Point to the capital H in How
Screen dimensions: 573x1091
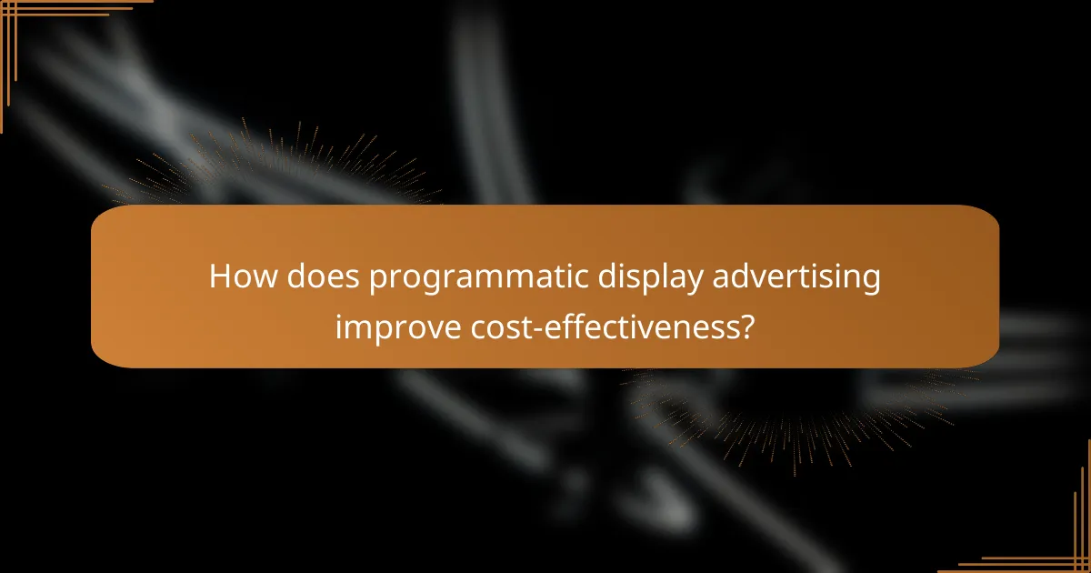(x=219, y=276)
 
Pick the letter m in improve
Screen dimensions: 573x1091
(x=351, y=326)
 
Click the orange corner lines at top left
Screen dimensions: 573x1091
(x=18, y=18)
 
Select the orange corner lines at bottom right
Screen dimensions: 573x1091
(x=1073, y=555)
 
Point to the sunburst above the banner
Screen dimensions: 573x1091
(x=273, y=173)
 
